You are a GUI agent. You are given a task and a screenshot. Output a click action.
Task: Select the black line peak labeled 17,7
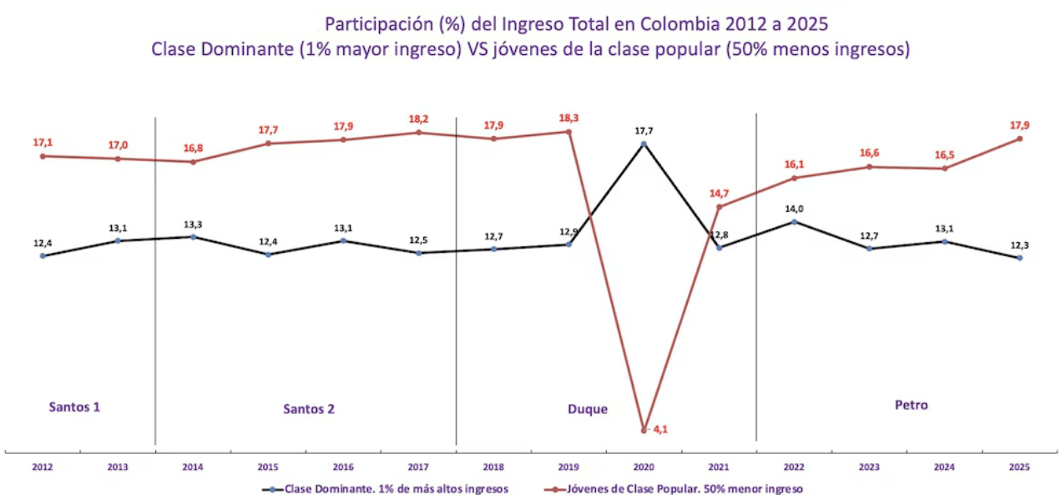click(643, 144)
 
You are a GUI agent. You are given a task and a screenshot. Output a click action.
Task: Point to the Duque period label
click(587, 409)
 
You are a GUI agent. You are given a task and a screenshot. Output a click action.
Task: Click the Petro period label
click(911, 405)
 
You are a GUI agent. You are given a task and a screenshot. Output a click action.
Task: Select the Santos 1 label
click(74, 407)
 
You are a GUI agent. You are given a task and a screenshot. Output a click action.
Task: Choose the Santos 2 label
click(309, 409)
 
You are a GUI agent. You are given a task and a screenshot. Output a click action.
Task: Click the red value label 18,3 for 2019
click(568, 119)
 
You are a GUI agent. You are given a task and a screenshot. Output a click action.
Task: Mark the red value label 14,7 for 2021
click(719, 194)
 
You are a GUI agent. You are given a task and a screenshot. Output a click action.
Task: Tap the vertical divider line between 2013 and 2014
click(155, 280)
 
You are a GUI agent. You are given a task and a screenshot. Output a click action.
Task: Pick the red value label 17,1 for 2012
click(43, 143)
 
